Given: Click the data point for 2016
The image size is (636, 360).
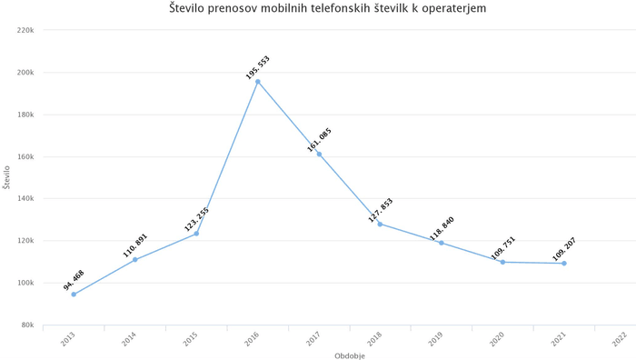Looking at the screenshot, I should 257,82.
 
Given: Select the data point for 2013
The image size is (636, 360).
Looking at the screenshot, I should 74,295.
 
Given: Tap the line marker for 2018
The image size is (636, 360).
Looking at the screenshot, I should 380,224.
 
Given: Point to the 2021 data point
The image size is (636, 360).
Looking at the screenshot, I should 564,264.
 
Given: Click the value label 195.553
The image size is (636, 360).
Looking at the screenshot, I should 257,67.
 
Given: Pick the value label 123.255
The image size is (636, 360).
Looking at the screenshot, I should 197,219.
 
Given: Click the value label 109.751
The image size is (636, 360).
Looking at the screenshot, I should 503,248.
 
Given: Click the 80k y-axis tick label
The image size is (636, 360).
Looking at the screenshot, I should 26,325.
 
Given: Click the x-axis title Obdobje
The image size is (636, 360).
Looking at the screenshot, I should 349,355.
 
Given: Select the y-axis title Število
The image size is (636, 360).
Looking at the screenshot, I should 6,176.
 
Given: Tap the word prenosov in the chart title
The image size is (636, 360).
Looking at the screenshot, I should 229,8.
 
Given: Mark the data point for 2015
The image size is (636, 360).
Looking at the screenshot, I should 196,234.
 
